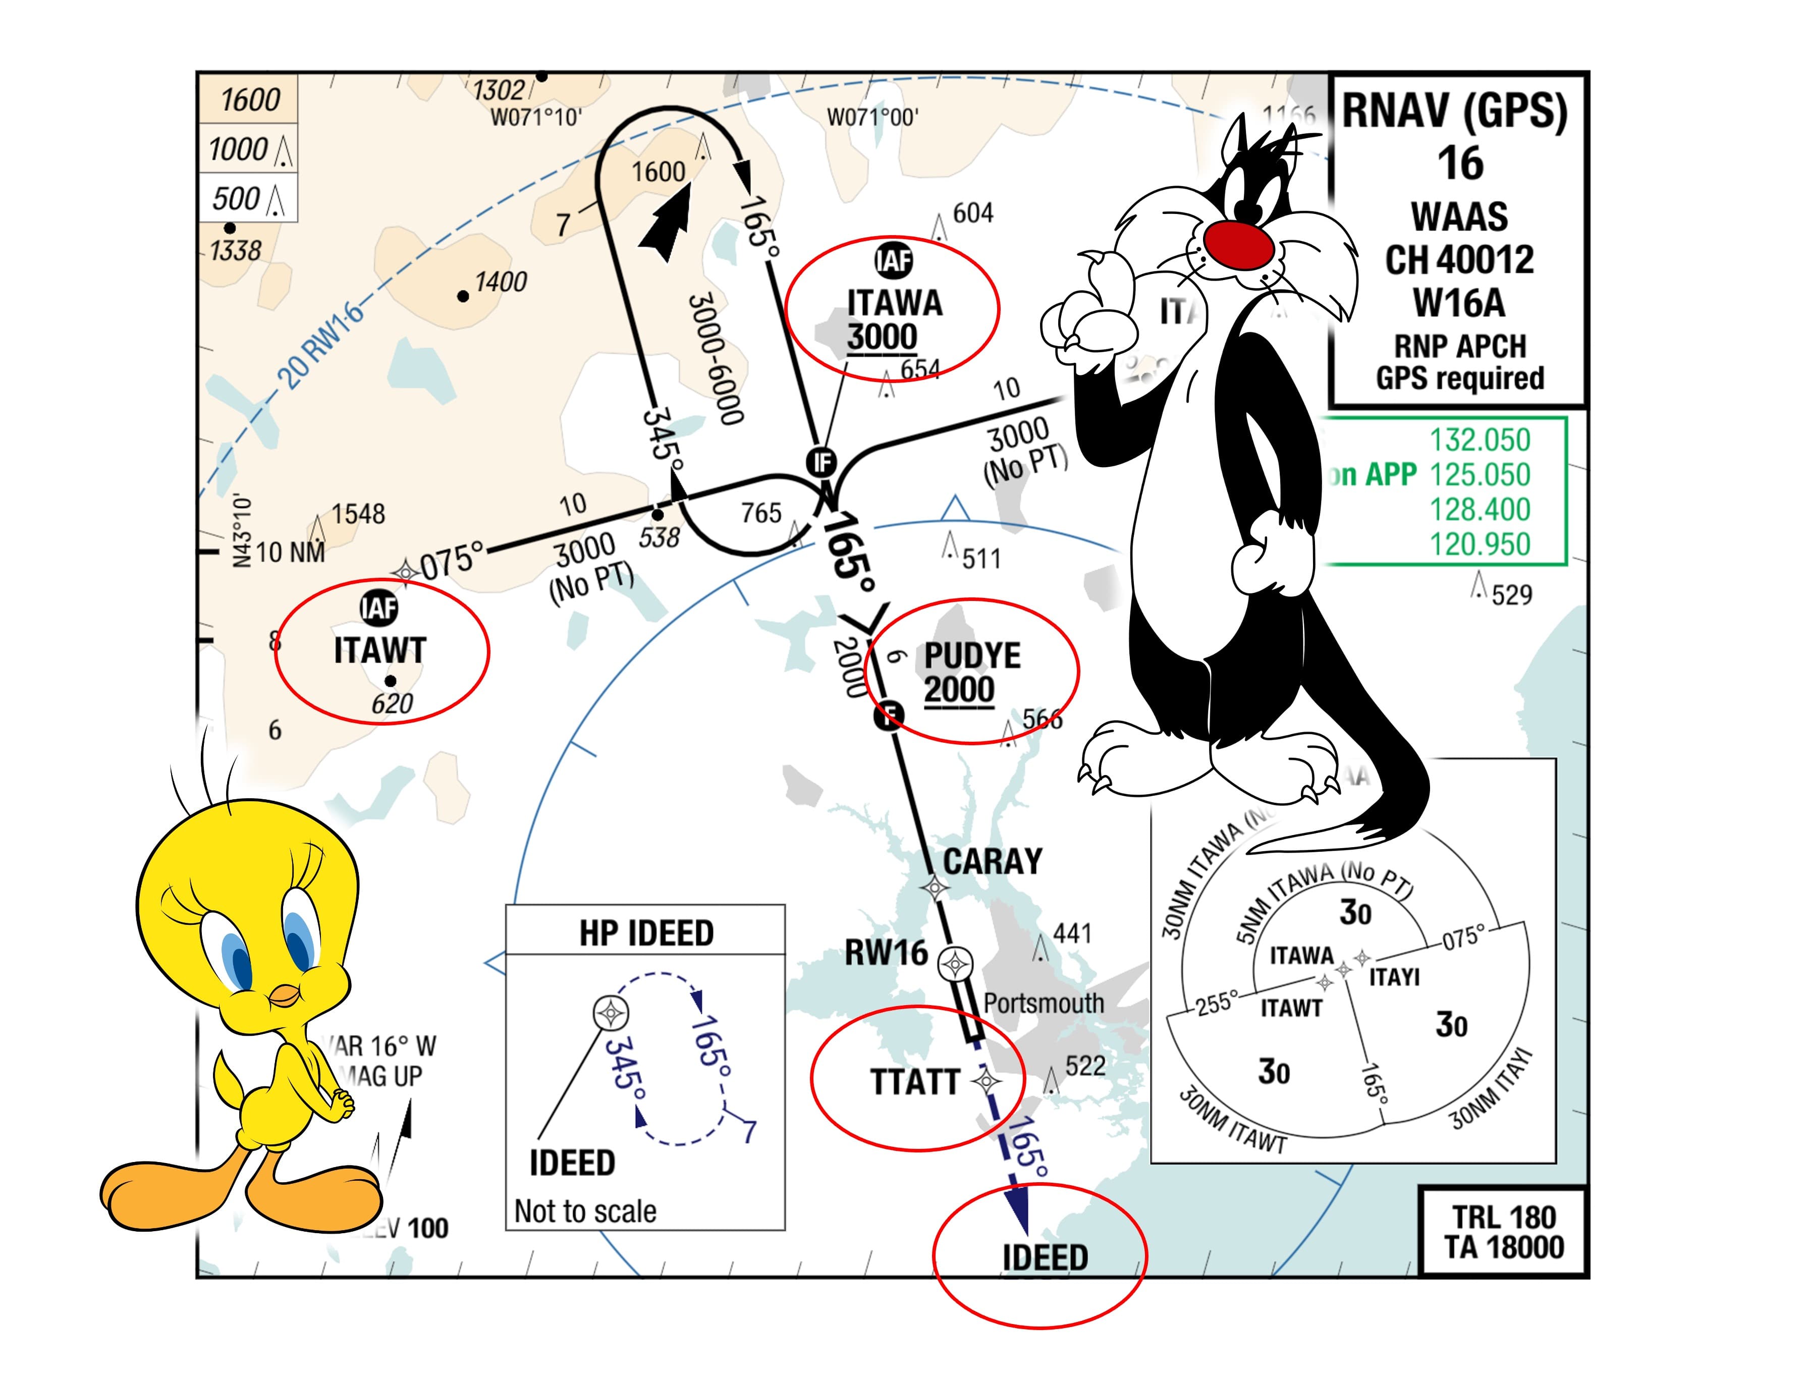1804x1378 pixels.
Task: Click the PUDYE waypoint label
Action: point(972,655)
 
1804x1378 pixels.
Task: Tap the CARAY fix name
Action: point(993,861)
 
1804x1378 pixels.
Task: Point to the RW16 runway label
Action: point(886,953)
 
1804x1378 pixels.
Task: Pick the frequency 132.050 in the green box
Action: point(1480,440)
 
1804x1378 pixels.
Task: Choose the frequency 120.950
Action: point(1480,544)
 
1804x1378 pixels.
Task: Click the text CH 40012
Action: point(1459,260)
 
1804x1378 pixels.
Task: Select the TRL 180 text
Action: point(1504,1217)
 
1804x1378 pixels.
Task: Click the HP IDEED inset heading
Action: point(645,932)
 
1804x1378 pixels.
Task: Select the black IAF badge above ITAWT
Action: point(379,608)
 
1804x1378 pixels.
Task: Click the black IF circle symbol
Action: point(821,463)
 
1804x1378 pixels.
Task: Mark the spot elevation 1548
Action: point(358,514)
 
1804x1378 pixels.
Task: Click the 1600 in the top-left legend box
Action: point(249,100)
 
